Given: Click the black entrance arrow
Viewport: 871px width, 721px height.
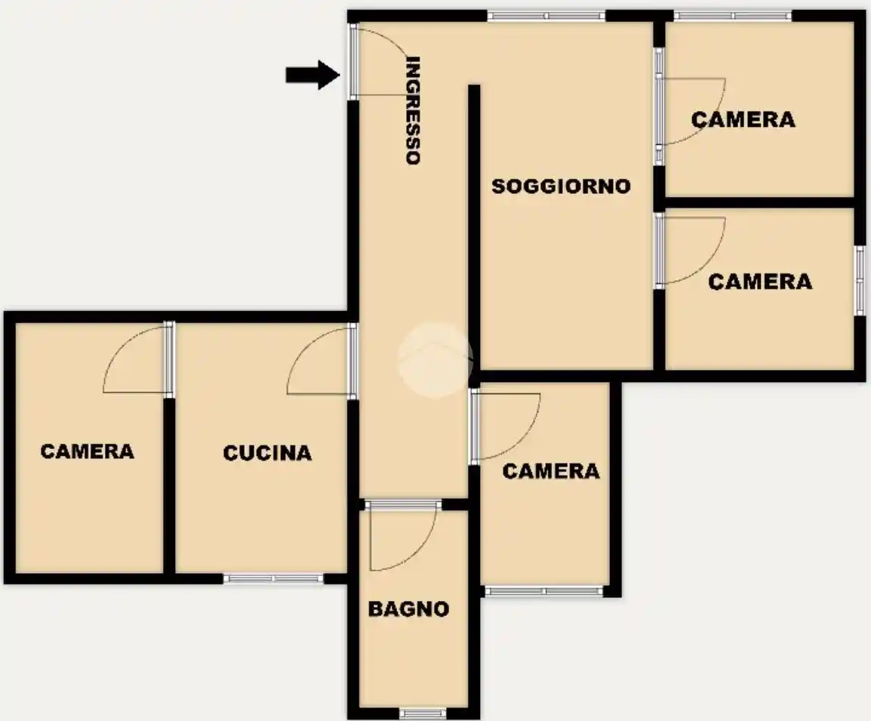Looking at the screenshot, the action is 312,75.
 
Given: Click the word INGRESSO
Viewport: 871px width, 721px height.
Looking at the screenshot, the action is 413,110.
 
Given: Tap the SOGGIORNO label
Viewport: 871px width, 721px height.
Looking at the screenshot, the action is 561,186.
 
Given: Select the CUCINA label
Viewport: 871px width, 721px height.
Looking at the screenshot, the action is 267,453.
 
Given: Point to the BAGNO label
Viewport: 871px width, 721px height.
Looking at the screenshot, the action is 408,609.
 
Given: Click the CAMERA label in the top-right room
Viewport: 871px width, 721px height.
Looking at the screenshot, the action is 743,120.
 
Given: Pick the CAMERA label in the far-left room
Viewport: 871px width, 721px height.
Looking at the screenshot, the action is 88,451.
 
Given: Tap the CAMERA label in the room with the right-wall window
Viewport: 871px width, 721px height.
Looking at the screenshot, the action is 760,282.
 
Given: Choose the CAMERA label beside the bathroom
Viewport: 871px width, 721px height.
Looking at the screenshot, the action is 551,472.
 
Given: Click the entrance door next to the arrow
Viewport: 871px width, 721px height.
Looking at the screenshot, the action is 379,61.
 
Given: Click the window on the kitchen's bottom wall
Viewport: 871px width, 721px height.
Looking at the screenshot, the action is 273,578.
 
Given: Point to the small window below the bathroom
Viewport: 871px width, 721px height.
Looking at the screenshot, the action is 423,713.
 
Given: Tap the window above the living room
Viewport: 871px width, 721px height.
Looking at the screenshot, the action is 546,16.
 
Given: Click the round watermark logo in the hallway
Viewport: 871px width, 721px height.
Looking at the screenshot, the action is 435,360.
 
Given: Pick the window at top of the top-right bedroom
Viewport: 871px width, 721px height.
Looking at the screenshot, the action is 733,16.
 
